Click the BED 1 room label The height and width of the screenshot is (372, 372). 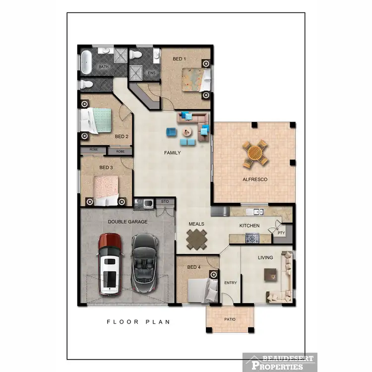coord(179,59)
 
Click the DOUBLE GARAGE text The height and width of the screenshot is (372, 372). coord(127,222)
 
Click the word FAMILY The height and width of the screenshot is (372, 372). coord(172,153)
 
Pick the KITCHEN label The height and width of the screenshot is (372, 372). coord(249,226)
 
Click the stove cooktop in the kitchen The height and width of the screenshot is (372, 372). coord(252,239)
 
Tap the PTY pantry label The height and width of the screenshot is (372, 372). coord(281,232)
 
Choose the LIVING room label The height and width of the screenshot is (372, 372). coord(265,257)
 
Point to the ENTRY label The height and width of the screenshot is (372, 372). coord(231,283)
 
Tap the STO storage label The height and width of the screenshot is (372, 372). coord(165,202)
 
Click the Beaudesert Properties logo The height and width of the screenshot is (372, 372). coord(279,362)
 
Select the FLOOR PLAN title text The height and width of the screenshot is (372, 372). coord(138,322)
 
